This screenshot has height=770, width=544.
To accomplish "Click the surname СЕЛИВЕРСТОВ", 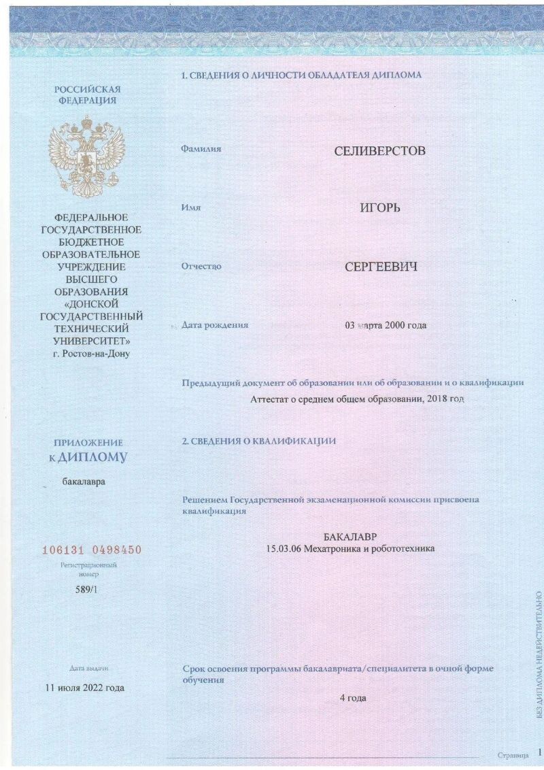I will click(379, 150).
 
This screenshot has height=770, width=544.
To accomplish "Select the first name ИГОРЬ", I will click(379, 207).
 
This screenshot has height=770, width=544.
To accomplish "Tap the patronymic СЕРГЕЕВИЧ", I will click(380, 266).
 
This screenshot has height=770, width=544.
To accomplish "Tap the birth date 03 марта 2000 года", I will click(386, 326).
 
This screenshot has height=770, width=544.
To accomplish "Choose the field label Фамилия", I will click(201, 148).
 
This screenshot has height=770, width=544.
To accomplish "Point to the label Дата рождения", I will click(215, 325).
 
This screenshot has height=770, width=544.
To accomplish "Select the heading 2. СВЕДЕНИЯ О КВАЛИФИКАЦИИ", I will click(258, 441).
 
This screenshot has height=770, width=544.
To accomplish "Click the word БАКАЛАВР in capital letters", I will click(350, 536).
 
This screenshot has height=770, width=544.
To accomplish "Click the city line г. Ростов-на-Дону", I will click(91, 353).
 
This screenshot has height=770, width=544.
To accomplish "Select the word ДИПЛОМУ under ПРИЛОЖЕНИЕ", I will click(93, 458).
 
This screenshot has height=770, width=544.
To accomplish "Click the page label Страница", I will click(513, 755).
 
